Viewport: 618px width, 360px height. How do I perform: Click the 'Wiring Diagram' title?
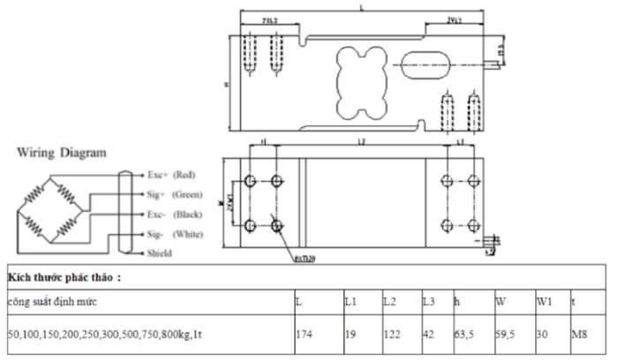(62, 152)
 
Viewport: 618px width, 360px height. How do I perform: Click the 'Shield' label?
(160, 253)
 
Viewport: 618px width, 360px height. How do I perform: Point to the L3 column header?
(428, 302)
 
